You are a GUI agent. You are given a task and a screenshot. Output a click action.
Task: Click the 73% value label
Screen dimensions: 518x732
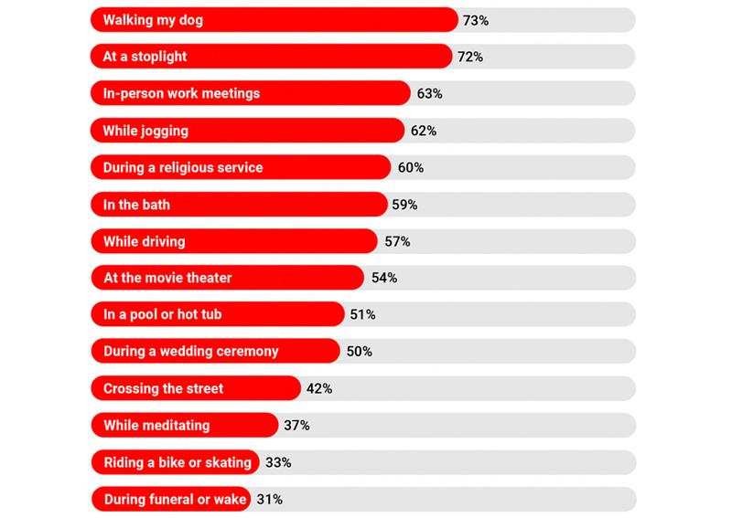476,19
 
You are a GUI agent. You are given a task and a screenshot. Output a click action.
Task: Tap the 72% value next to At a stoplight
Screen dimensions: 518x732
470,57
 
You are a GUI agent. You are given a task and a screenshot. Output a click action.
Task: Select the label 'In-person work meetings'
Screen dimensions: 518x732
182,93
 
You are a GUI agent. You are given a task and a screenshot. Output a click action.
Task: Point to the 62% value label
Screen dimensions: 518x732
424,131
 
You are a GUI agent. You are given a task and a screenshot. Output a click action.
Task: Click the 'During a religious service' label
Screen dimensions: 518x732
183,167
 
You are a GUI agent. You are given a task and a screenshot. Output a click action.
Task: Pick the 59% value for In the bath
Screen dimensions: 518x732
404,205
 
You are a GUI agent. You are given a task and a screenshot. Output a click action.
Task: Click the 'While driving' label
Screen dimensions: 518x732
145,241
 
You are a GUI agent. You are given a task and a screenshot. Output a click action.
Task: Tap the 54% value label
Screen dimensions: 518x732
384,278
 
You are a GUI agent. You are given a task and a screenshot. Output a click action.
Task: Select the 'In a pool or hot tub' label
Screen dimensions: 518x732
163,314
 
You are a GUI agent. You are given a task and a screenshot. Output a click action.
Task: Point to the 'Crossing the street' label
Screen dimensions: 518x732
164,388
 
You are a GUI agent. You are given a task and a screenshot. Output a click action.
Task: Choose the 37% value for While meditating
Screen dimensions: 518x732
296,426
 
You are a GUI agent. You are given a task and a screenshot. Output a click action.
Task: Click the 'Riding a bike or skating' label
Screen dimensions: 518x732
178,462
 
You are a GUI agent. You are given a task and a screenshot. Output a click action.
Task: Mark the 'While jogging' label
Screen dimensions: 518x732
146,131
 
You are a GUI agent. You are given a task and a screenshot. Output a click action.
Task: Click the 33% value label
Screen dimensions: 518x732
278,462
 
